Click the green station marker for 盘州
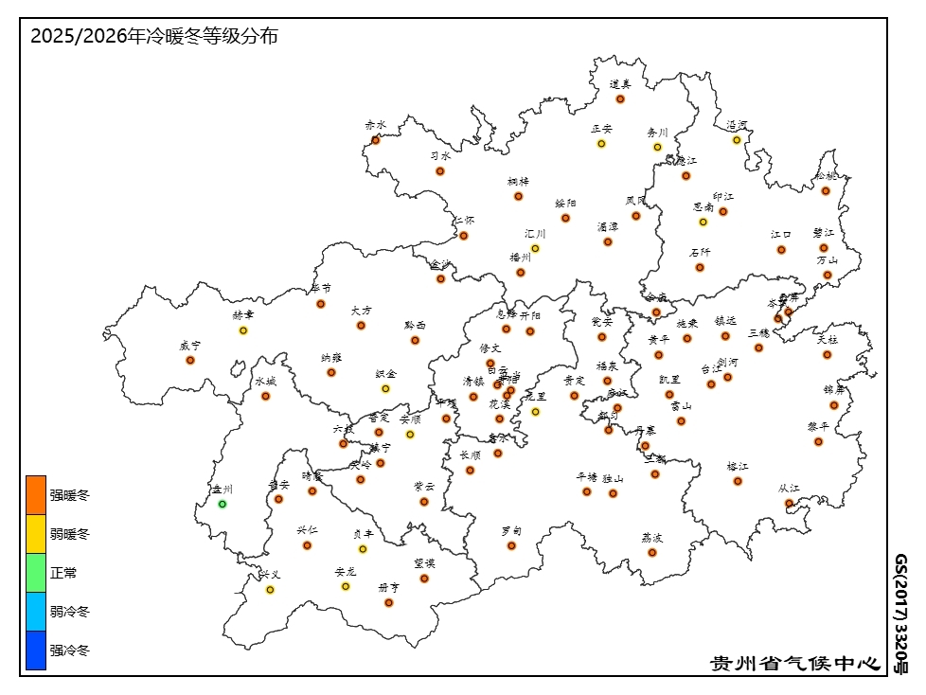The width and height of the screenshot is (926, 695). coord(223,504)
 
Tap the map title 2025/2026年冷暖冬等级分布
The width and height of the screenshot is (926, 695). coord(154,37)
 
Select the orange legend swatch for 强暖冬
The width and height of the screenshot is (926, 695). coord(36,494)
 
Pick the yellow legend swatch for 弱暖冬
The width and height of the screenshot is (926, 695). coord(36,534)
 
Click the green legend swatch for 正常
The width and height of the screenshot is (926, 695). coord(36,573)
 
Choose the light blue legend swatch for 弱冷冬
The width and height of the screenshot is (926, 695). coord(36,612)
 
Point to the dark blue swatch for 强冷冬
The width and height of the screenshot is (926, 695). coord(36,650)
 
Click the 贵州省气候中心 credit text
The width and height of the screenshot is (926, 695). coord(795,663)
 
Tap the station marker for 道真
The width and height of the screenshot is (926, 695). coord(620,98)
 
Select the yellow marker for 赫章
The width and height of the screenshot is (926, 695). coord(243,330)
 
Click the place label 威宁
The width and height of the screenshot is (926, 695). coord(190,347)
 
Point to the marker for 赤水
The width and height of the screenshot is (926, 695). coord(376,140)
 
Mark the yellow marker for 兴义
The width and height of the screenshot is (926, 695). coord(270,590)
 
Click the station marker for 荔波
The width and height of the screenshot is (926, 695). coord(652,552)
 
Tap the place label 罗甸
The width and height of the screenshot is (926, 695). coord(511,531)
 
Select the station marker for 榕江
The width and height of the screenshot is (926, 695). coord(738,481)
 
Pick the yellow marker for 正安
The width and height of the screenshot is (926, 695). coord(601,144)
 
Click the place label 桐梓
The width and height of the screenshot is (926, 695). coord(518,182)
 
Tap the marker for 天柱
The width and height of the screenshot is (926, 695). coord(827,355)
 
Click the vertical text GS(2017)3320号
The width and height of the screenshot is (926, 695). coord(901,614)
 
